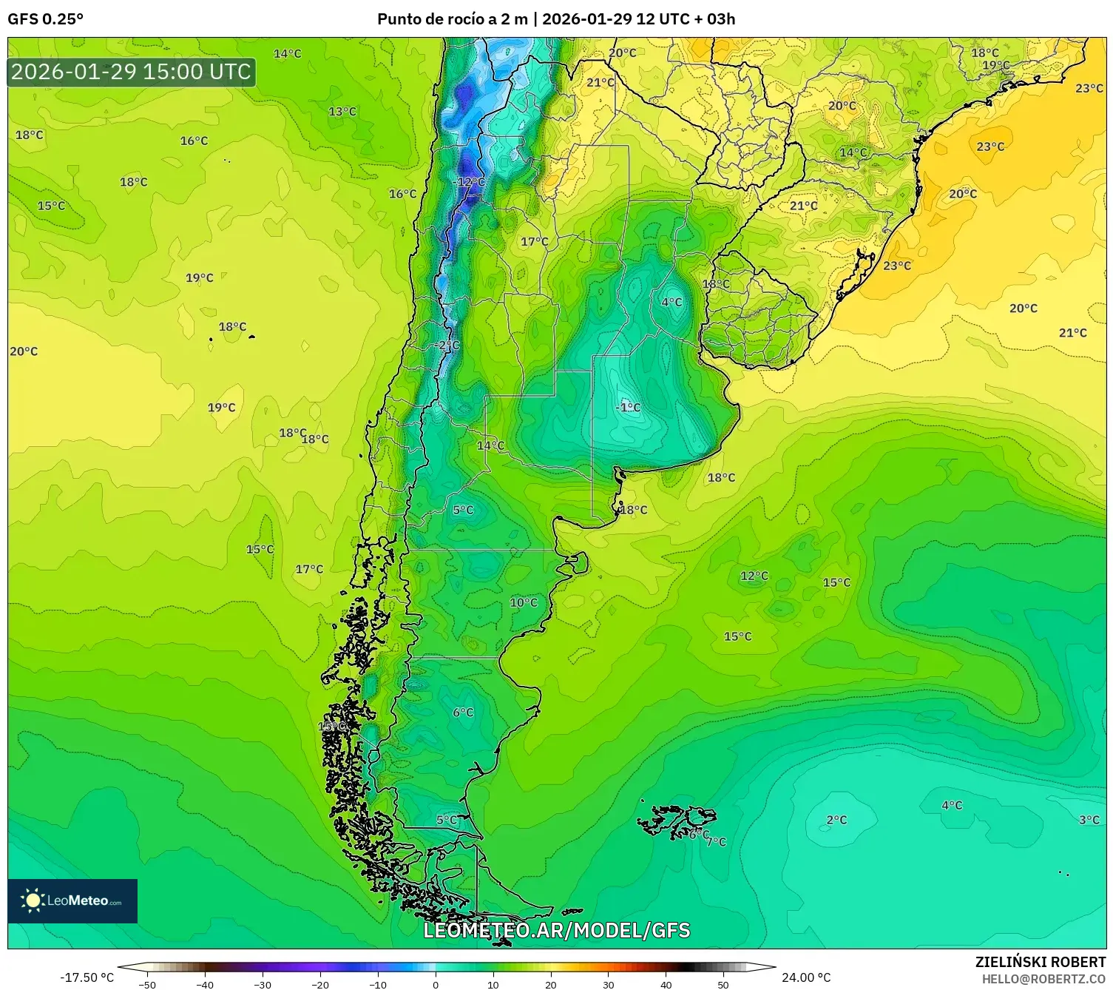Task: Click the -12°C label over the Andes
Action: click(x=470, y=182)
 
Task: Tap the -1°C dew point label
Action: click(x=629, y=407)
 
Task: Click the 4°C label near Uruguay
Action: click(x=671, y=302)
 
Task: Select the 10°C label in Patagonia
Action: click(x=524, y=602)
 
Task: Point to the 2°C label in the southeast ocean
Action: click(x=836, y=820)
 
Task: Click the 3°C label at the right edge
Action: click(x=1089, y=820)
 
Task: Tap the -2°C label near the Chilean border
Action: click(x=447, y=345)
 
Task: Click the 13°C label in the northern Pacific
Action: click(x=342, y=112)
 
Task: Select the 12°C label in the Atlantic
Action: click(x=754, y=576)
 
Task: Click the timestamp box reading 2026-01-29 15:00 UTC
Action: click(x=132, y=72)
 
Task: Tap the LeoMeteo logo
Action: click(x=72, y=900)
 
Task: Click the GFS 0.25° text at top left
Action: click(x=45, y=19)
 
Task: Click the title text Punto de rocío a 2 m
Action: click(x=453, y=19)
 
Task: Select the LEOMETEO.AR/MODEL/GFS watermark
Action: click(x=556, y=930)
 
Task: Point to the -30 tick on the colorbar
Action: click(x=263, y=984)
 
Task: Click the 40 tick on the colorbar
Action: click(x=666, y=984)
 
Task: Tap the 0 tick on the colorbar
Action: click(x=436, y=984)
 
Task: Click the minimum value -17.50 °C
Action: click(x=87, y=977)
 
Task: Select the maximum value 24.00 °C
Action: click(x=806, y=977)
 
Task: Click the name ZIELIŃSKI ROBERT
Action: click(x=1041, y=962)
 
